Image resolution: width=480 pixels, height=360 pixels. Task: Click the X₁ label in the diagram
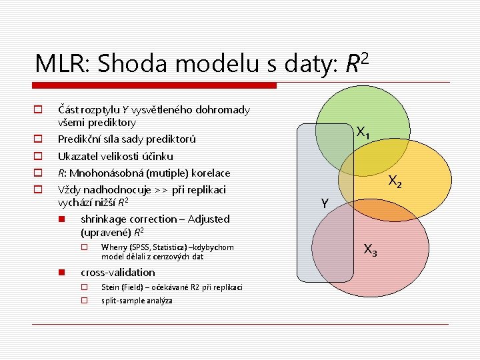pyautogui.click(x=363, y=133)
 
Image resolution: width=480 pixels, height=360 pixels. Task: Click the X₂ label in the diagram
pyautogui.click(x=395, y=181)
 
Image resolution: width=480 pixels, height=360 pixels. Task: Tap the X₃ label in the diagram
pyautogui.click(x=370, y=251)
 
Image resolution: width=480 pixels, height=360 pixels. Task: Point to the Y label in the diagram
pyautogui.click(x=323, y=203)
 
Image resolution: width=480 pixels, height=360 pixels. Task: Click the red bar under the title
pyautogui.click(x=154, y=85)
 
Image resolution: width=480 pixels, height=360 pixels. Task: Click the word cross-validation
pyautogui.click(x=117, y=272)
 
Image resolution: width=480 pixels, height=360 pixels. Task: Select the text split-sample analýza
pyautogui.click(x=137, y=301)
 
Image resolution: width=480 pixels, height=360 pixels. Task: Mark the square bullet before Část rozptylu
pyautogui.click(x=39, y=109)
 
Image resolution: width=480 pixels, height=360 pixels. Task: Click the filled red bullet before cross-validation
pyautogui.click(x=61, y=272)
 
